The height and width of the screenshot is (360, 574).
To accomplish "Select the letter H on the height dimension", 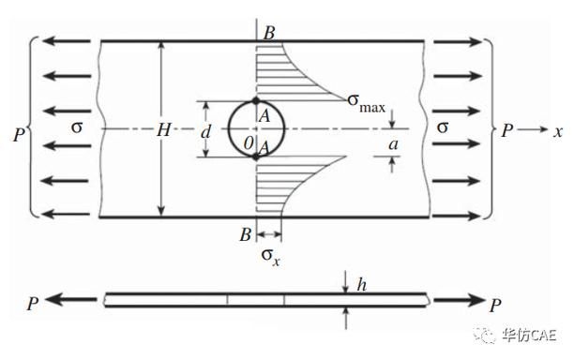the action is point(163,129).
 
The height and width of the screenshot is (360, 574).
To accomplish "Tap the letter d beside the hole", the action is point(206,131).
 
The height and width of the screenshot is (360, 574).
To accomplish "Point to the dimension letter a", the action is point(393,144).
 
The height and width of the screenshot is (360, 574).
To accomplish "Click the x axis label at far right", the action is point(557,131).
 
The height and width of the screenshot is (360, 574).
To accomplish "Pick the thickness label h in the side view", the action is point(362,285).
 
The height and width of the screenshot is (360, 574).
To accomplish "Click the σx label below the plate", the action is point(271,256).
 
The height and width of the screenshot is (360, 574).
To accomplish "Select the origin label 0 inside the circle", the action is point(249,143).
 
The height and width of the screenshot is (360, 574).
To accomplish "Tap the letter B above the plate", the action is point(268,33).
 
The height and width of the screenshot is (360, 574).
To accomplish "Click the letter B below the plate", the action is point(246,234).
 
